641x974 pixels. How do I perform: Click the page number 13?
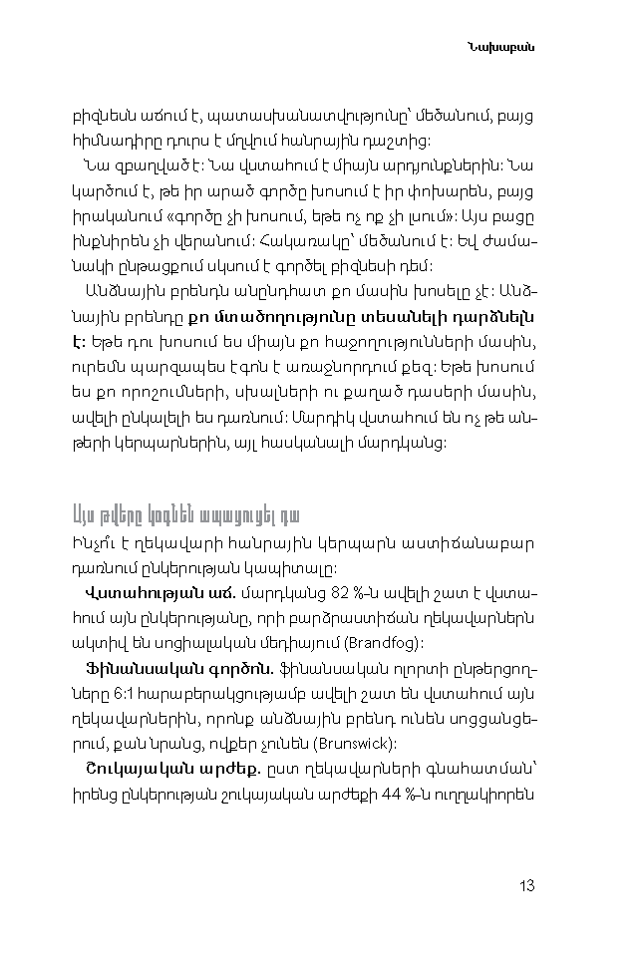pyautogui.click(x=527, y=885)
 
